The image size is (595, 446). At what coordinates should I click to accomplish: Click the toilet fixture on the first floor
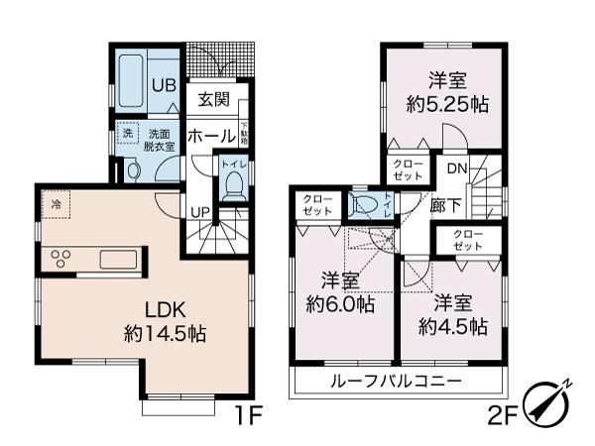click(x=234, y=183)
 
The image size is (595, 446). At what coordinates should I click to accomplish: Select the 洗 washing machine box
click(x=128, y=134)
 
